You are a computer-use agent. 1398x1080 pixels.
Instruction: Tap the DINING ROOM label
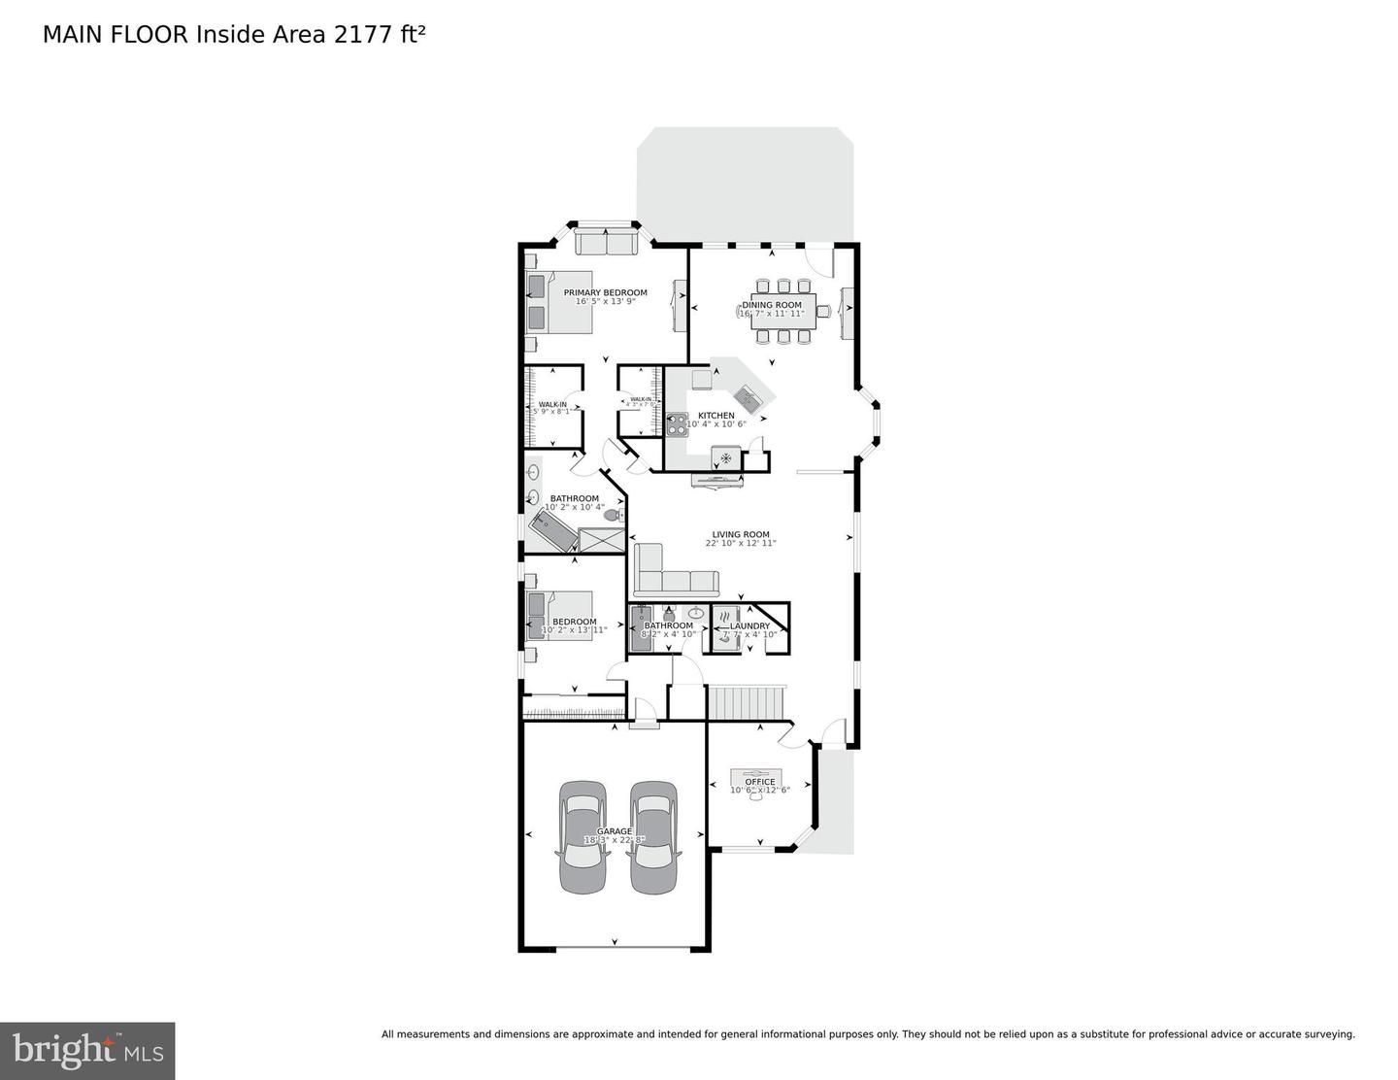(772, 305)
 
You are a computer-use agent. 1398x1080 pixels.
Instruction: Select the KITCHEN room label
(716, 416)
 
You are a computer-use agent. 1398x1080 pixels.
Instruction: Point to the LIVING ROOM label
(741, 534)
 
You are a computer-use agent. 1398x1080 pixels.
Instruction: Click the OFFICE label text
(760, 782)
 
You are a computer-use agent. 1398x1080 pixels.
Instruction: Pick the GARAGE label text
(614, 831)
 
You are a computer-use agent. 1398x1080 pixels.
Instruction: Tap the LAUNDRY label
(749, 626)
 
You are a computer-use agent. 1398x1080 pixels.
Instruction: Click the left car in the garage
(582, 836)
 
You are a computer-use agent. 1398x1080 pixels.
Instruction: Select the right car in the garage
(652, 836)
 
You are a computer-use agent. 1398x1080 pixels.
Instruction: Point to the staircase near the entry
(746, 701)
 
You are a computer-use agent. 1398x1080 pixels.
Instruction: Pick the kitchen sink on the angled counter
(748, 395)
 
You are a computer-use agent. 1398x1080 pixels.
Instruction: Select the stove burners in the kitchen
(677, 424)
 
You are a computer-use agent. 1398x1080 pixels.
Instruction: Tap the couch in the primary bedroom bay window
(605, 240)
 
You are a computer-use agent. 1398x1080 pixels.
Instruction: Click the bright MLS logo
(87, 1051)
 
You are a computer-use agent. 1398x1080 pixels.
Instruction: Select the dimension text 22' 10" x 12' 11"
(741, 544)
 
